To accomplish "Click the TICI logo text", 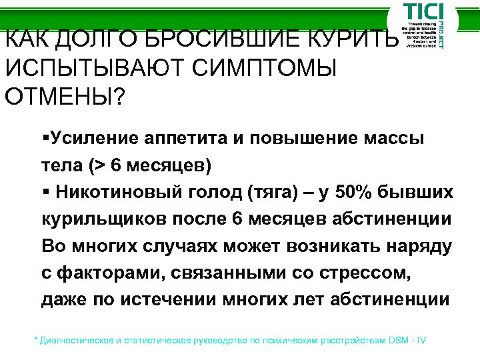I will coord(421,14).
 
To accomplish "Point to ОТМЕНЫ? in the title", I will coord(64,97).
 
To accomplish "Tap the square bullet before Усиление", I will coord(44,138).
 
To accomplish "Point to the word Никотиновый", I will coord(109,192).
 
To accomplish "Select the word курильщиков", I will coord(95,219).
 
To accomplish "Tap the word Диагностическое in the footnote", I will coord(77,340).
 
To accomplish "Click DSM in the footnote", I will coord(397,340).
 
